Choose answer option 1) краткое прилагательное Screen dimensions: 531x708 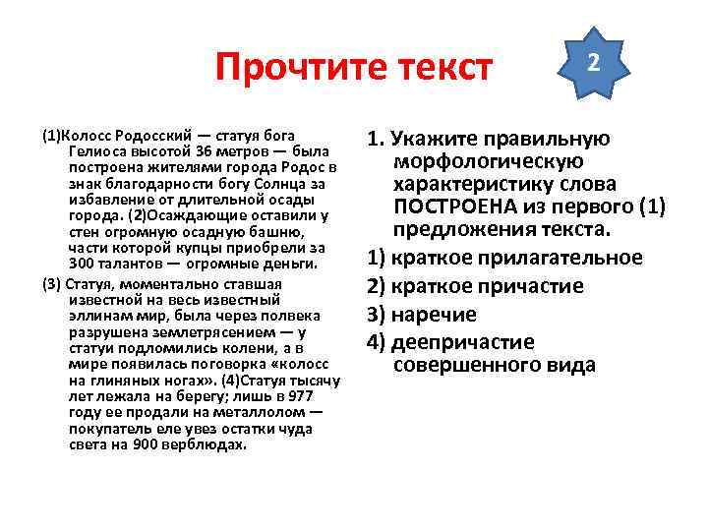pos(504,259)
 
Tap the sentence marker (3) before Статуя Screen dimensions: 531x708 pos(51,284)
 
